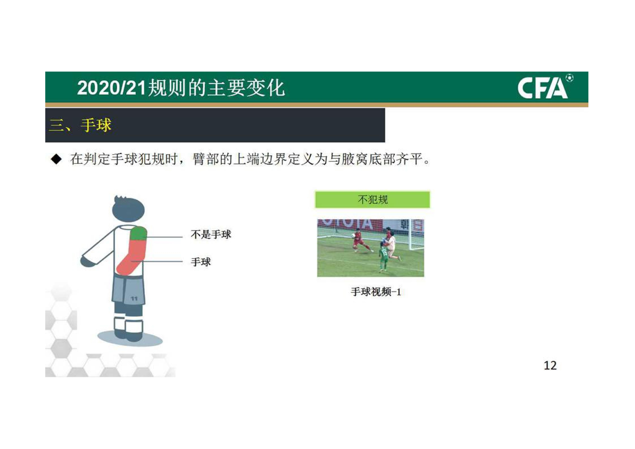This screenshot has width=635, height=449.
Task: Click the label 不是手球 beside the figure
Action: coord(211,235)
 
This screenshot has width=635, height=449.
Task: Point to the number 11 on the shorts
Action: coord(134,298)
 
